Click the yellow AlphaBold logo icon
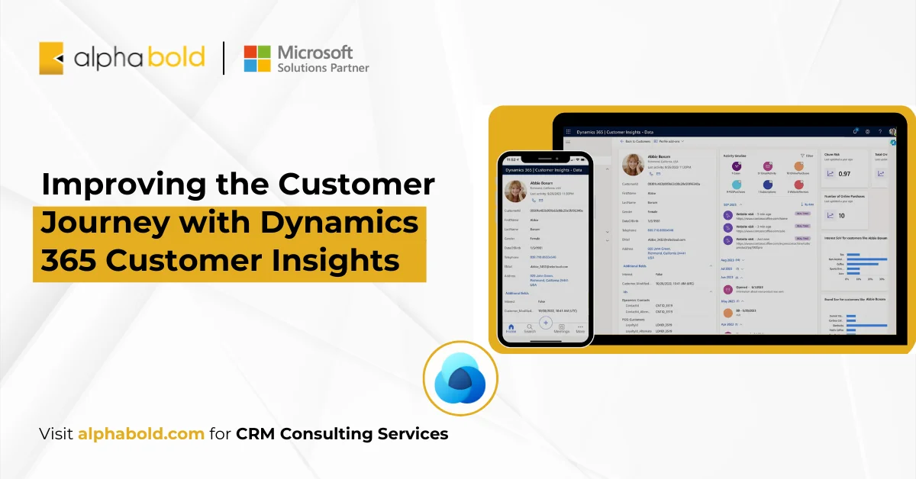tap(51, 58)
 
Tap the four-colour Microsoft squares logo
tap(256, 58)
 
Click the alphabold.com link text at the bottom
tap(141, 434)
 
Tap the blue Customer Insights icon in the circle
tap(460, 378)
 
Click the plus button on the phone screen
tap(546, 322)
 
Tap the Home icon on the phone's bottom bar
tap(511, 327)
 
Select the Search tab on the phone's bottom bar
tap(529, 327)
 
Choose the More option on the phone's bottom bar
tap(580, 327)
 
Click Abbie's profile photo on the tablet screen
tap(633, 165)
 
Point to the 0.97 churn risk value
tap(844, 174)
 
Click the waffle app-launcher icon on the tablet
tap(568, 132)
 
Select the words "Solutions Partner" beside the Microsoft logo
tap(323, 68)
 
